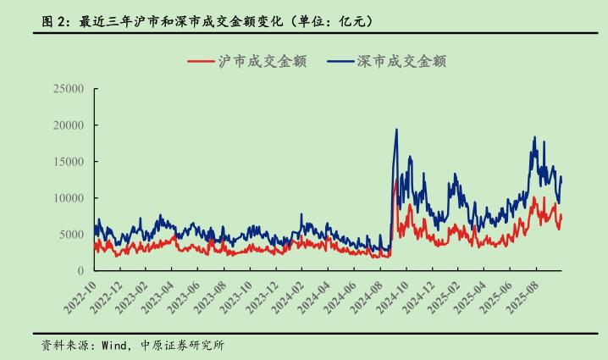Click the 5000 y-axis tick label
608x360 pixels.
pos(71,234)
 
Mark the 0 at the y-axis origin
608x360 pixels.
pos(80,270)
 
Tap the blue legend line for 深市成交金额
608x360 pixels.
pos(340,61)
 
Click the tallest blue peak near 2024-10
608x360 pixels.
pos(396,130)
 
